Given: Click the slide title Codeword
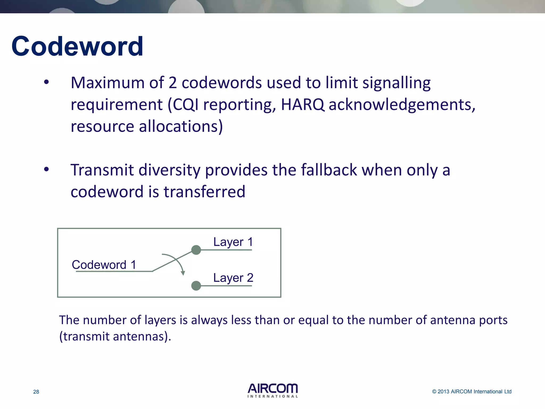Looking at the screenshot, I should click(x=77, y=47).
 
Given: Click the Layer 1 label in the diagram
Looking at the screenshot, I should click(x=233, y=242).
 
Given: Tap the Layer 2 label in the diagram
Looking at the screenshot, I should click(x=233, y=278).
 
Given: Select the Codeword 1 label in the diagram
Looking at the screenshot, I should click(x=104, y=265).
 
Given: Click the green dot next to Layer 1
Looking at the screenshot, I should click(x=196, y=250).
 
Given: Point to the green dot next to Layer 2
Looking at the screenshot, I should click(x=196, y=286).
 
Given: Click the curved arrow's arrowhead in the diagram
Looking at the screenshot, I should click(x=183, y=273).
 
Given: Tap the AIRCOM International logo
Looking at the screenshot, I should click(x=272, y=390).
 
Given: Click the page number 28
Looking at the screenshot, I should click(x=36, y=392).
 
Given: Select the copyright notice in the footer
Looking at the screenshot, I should click(x=472, y=391).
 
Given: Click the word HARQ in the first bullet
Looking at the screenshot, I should click(x=303, y=104).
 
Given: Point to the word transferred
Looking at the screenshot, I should click(x=204, y=192).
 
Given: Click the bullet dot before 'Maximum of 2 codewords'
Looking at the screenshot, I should click(x=47, y=82).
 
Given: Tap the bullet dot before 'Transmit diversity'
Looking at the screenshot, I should click(x=47, y=169).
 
